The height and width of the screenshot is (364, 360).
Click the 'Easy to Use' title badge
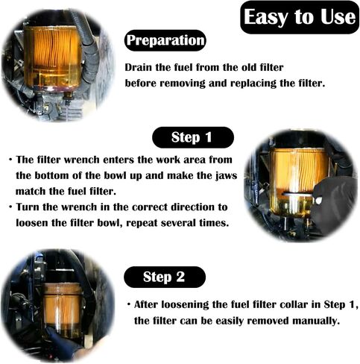click(x=300, y=17)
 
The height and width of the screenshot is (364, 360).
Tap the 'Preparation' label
click(x=165, y=40)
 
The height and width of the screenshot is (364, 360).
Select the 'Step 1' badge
click(x=193, y=137)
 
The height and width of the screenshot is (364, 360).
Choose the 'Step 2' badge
click(x=165, y=277)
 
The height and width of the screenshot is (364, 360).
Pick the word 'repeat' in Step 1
click(x=142, y=223)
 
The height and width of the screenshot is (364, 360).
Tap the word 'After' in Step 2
click(x=146, y=304)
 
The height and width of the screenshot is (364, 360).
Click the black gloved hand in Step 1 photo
click(x=334, y=204)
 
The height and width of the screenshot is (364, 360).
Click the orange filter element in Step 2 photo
click(x=62, y=307)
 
